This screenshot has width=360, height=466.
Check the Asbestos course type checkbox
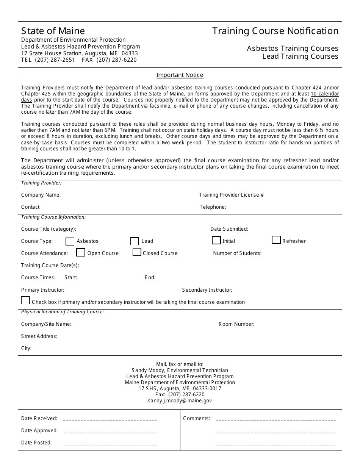pyautogui.click(x=70, y=241)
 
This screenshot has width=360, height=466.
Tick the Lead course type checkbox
pyautogui.click(x=135, y=241)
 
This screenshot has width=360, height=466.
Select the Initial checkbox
pyautogui.click(x=216, y=240)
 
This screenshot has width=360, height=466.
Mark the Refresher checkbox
pyautogui.click(x=276, y=240)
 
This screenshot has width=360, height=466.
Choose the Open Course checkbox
pyautogui.click(x=80, y=252)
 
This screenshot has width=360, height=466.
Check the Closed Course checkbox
pyautogui.click(x=137, y=252)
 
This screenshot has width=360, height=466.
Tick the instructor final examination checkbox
pyautogui.click(x=25, y=300)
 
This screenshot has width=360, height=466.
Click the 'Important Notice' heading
pyautogui.click(x=180, y=75)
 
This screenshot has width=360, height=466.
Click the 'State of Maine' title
pyautogui.click(x=53, y=31)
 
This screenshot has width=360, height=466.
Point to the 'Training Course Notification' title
pyautogui.click(x=275, y=31)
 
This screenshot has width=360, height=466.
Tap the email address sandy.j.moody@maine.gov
pyautogui.click(x=180, y=400)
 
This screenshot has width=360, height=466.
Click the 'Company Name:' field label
pyautogui.click(x=41, y=195)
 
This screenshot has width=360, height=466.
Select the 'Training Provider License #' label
pyautogui.click(x=231, y=195)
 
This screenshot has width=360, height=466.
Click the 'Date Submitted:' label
pyautogui.click(x=229, y=229)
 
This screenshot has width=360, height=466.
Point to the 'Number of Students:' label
pyautogui.click(x=237, y=253)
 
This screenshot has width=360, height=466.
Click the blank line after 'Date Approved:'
pyautogui.click(x=111, y=431)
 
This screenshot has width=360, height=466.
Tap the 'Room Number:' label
pyautogui.click(x=236, y=324)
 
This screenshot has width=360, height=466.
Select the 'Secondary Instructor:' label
pyautogui.click(x=207, y=290)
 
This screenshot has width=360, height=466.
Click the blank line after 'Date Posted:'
pyautogui.click(x=110, y=443)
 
